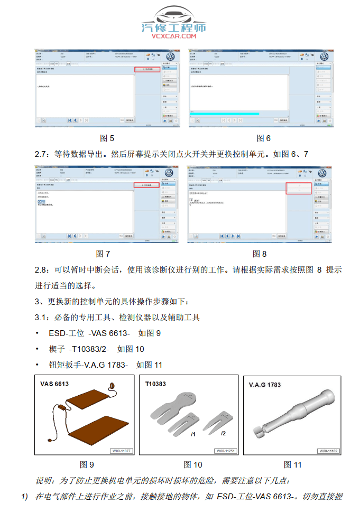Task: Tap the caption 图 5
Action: tap(107, 138)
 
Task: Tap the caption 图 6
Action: tap(263, 138)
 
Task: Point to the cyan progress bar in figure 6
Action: tap(225, 113)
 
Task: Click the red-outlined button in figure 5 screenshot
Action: tap(147, 69)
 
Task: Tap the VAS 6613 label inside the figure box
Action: tap(54, 384)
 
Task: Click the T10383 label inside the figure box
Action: tap(155, 384)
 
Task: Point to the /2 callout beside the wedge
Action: tap(223, 433)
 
